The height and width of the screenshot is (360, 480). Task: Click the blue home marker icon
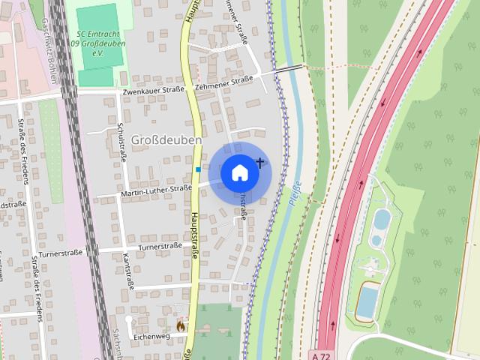coord(239,172)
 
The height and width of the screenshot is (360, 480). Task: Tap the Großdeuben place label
coord(166,140)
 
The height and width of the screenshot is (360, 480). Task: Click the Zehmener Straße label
coord(223,83)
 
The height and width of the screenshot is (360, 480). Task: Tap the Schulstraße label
coord(121,142)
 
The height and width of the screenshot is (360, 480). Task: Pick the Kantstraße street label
coord(127,271)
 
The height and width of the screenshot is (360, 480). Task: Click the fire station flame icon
coord(180,325)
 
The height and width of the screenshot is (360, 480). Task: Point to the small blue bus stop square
coord(198,169)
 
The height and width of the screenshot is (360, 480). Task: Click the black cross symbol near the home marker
coord(260,162)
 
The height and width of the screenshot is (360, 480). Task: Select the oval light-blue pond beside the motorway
coord(382,220)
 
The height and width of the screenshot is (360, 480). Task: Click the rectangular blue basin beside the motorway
coord(367,301)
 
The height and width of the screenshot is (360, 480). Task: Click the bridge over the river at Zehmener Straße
coord(289,68)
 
